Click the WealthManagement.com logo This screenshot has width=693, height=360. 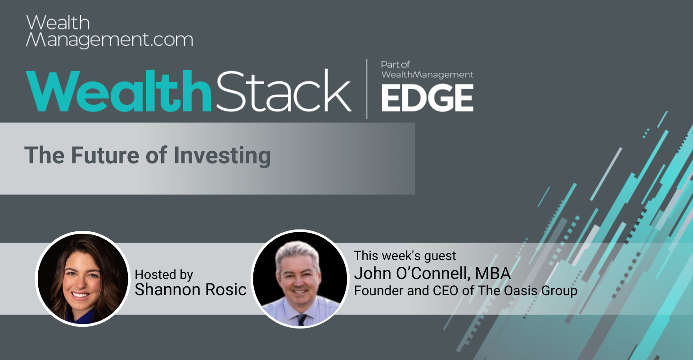point(109,31)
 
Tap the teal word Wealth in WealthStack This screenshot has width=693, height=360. point(118,90)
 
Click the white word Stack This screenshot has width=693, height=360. point(283,90)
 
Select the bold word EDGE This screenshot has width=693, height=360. point(427,98)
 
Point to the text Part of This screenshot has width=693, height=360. point(395,64)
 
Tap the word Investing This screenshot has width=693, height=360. point(222,156)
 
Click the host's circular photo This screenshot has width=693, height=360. point(83,279)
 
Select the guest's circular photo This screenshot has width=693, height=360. point(300,279)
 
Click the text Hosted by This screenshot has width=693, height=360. point(164,274)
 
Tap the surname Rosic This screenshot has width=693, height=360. point(226,289)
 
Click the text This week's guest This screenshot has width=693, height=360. point(405,256)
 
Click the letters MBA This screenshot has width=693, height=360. point(492,274)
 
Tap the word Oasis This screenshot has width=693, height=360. point(521,291)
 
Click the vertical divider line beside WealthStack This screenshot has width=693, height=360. point(367,89)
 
